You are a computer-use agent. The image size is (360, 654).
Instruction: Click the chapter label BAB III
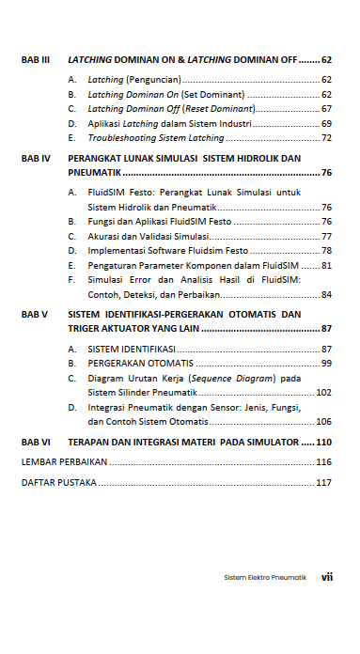pyautogui.click(x=35, y=59)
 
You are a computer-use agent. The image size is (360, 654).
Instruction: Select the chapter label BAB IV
pyautogui.click(x=35, y=159)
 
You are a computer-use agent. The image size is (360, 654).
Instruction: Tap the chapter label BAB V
pyautogui.click(x=35, y=314)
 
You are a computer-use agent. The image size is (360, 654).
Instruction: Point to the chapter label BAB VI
pyautogui.click(x=35, y=441)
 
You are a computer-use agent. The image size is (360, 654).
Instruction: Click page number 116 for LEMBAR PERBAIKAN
pyautogui.click(x=324, y=462)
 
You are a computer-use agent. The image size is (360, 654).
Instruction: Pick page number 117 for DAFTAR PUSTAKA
pyautogui.click(x=324, y=483)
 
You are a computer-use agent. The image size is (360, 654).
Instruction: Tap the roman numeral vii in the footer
pyautogui.click(x=327, y=577)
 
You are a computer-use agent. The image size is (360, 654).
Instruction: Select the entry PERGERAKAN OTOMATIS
pyautogui.click(x=141, y=363)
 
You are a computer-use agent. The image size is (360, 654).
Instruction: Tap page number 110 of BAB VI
pyautogui.click(x=324, y=441)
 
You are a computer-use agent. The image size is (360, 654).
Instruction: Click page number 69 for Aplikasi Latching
pyautogui.click(x=326, y=123)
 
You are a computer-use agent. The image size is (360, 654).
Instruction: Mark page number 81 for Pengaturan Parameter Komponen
pyautogui.click(x=326, y=266)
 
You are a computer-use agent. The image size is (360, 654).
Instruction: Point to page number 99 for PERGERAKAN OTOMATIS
pyautogui.click(x=326, y=363)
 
